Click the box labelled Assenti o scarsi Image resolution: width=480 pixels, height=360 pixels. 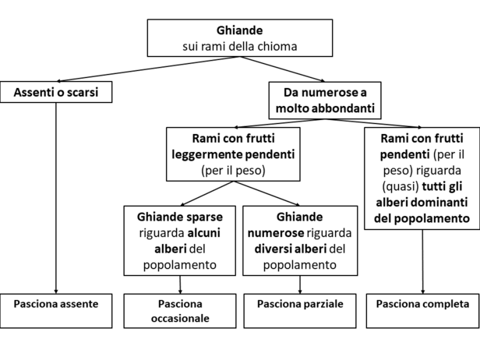[x=56, y=92]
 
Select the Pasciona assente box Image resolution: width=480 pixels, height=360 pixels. [x=56, y=311]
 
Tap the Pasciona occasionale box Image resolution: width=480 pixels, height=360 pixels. [x=180, y=311]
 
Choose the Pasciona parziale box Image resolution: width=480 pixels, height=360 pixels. [x=300, y=311]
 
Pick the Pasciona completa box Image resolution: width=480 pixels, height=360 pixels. [x=423, y=311]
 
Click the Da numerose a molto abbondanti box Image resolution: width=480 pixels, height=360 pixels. [x=325, y=100]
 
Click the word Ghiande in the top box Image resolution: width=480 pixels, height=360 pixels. [x=240, y=30]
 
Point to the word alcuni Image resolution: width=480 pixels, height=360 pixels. [x=204, y=233]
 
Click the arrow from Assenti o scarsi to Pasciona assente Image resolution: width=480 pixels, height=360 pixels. [x=56, y=199]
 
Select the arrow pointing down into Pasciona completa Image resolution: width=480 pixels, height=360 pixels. [x=423, y=262]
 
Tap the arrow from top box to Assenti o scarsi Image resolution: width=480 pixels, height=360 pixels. [x=148, y=69]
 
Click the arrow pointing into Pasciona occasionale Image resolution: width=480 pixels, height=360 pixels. [x=180, y=284]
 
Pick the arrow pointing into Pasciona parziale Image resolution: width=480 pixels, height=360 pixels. [x=300, y=284]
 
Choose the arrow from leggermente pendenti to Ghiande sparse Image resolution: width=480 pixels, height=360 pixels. [x=207, y=193]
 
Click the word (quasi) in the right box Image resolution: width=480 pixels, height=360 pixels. [x=401, y=186]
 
